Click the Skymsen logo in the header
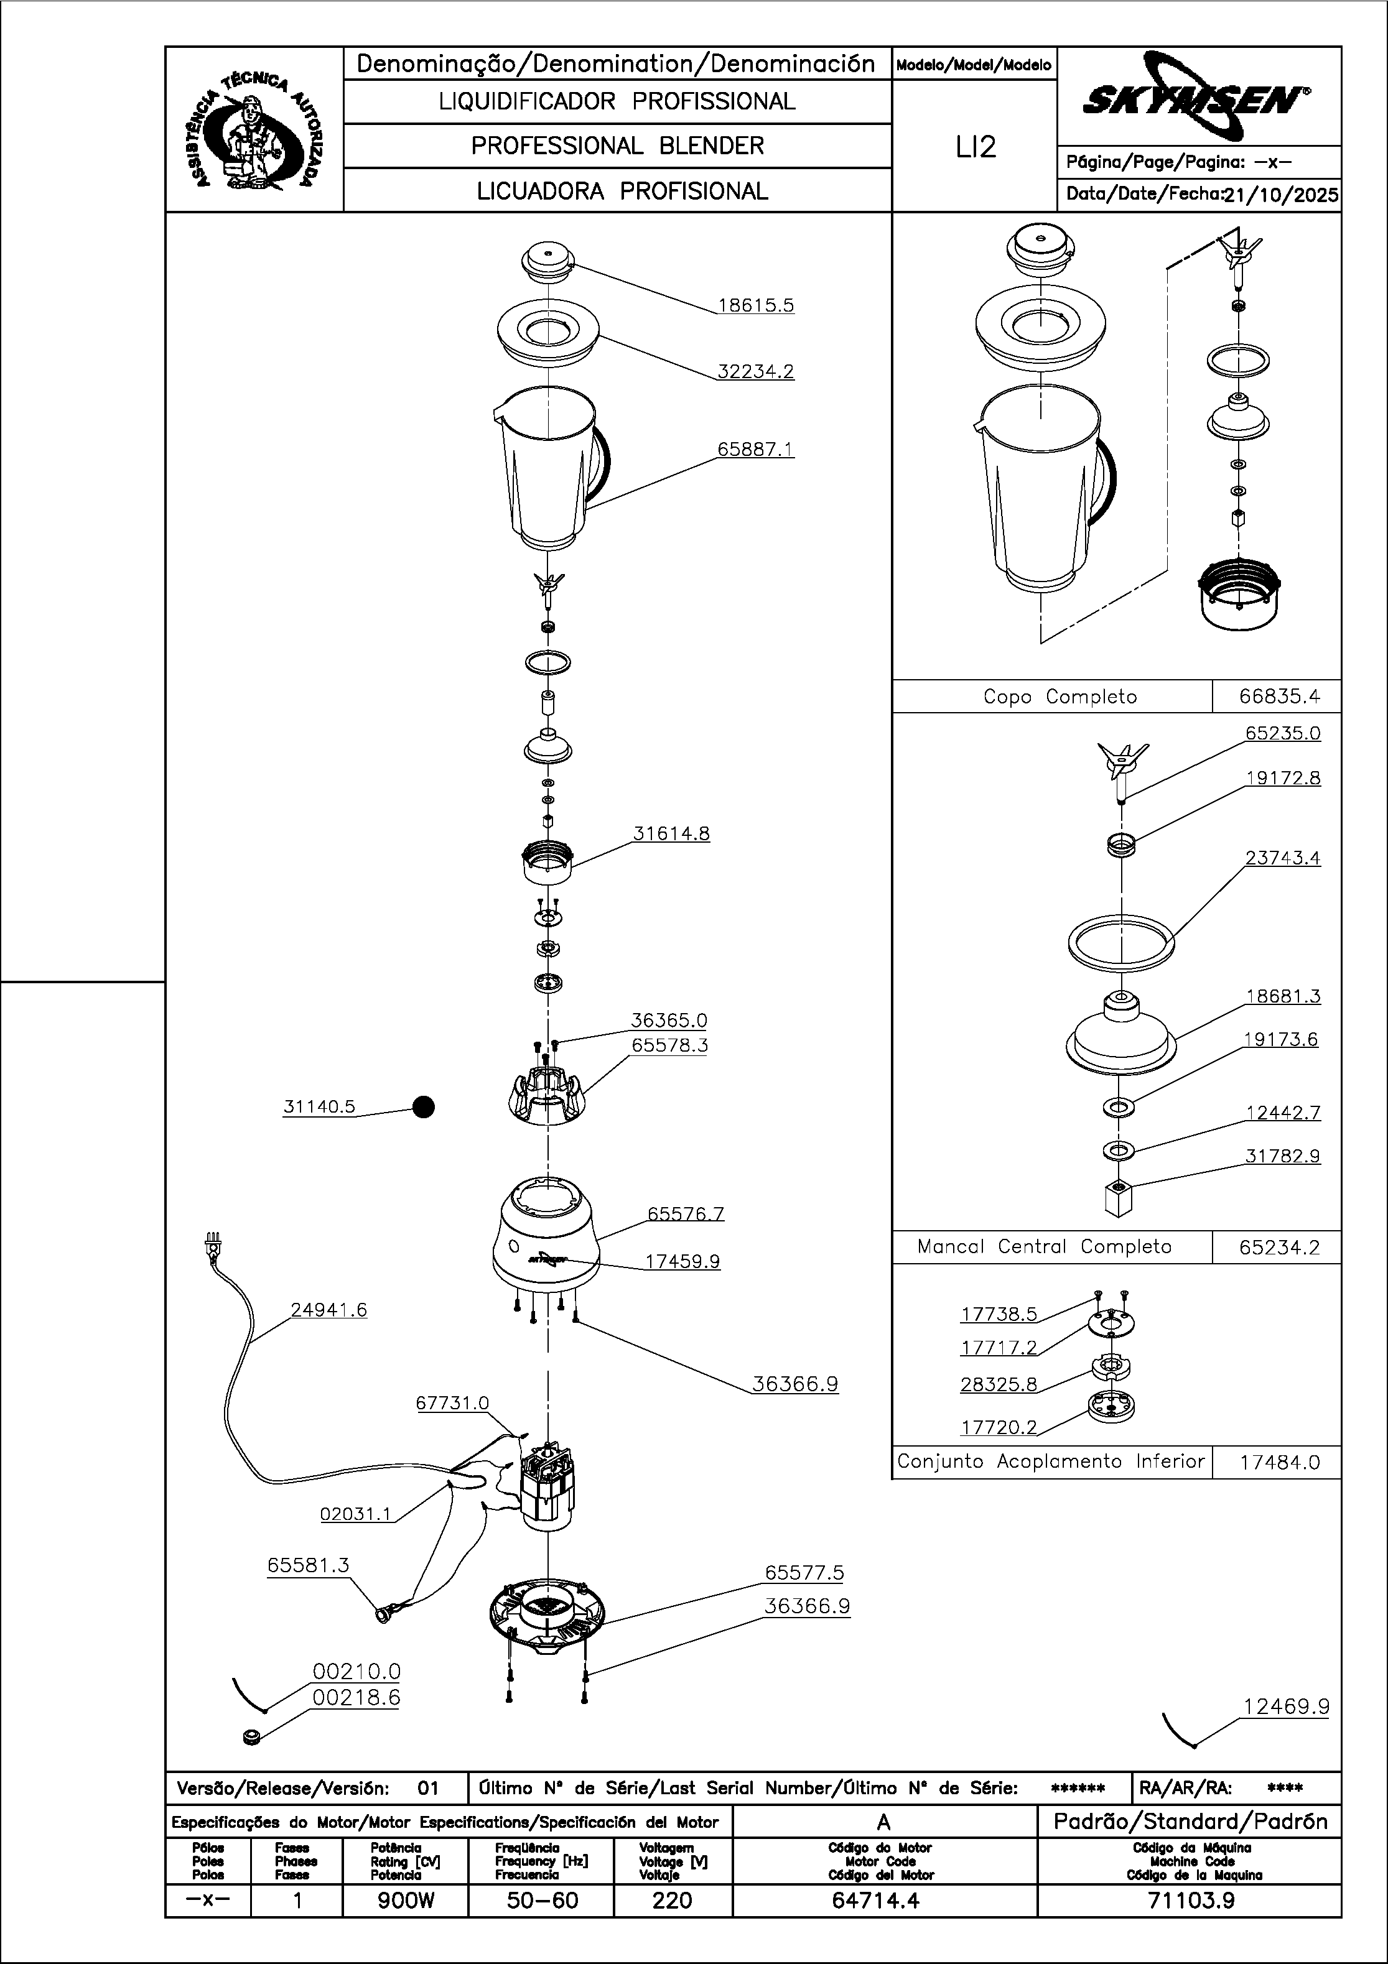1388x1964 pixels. [x=1196, y=101]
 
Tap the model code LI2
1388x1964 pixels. [x=976, y=147]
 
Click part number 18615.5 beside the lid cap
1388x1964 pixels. [x=756, y=305]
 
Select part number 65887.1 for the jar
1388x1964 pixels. [x=756, y=449]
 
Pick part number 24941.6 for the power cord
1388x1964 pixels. [x=328, y=1310]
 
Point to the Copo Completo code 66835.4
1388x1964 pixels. [x=1279, y=697]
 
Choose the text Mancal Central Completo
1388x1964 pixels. [x=1044, y=1246]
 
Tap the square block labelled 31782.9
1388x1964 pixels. [x=1119, y=1198]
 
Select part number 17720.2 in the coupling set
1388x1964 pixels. [x=998, y=1427]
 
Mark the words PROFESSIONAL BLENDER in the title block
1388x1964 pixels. [x=617, y=146]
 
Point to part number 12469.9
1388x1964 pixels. [x=1286, y=1707]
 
